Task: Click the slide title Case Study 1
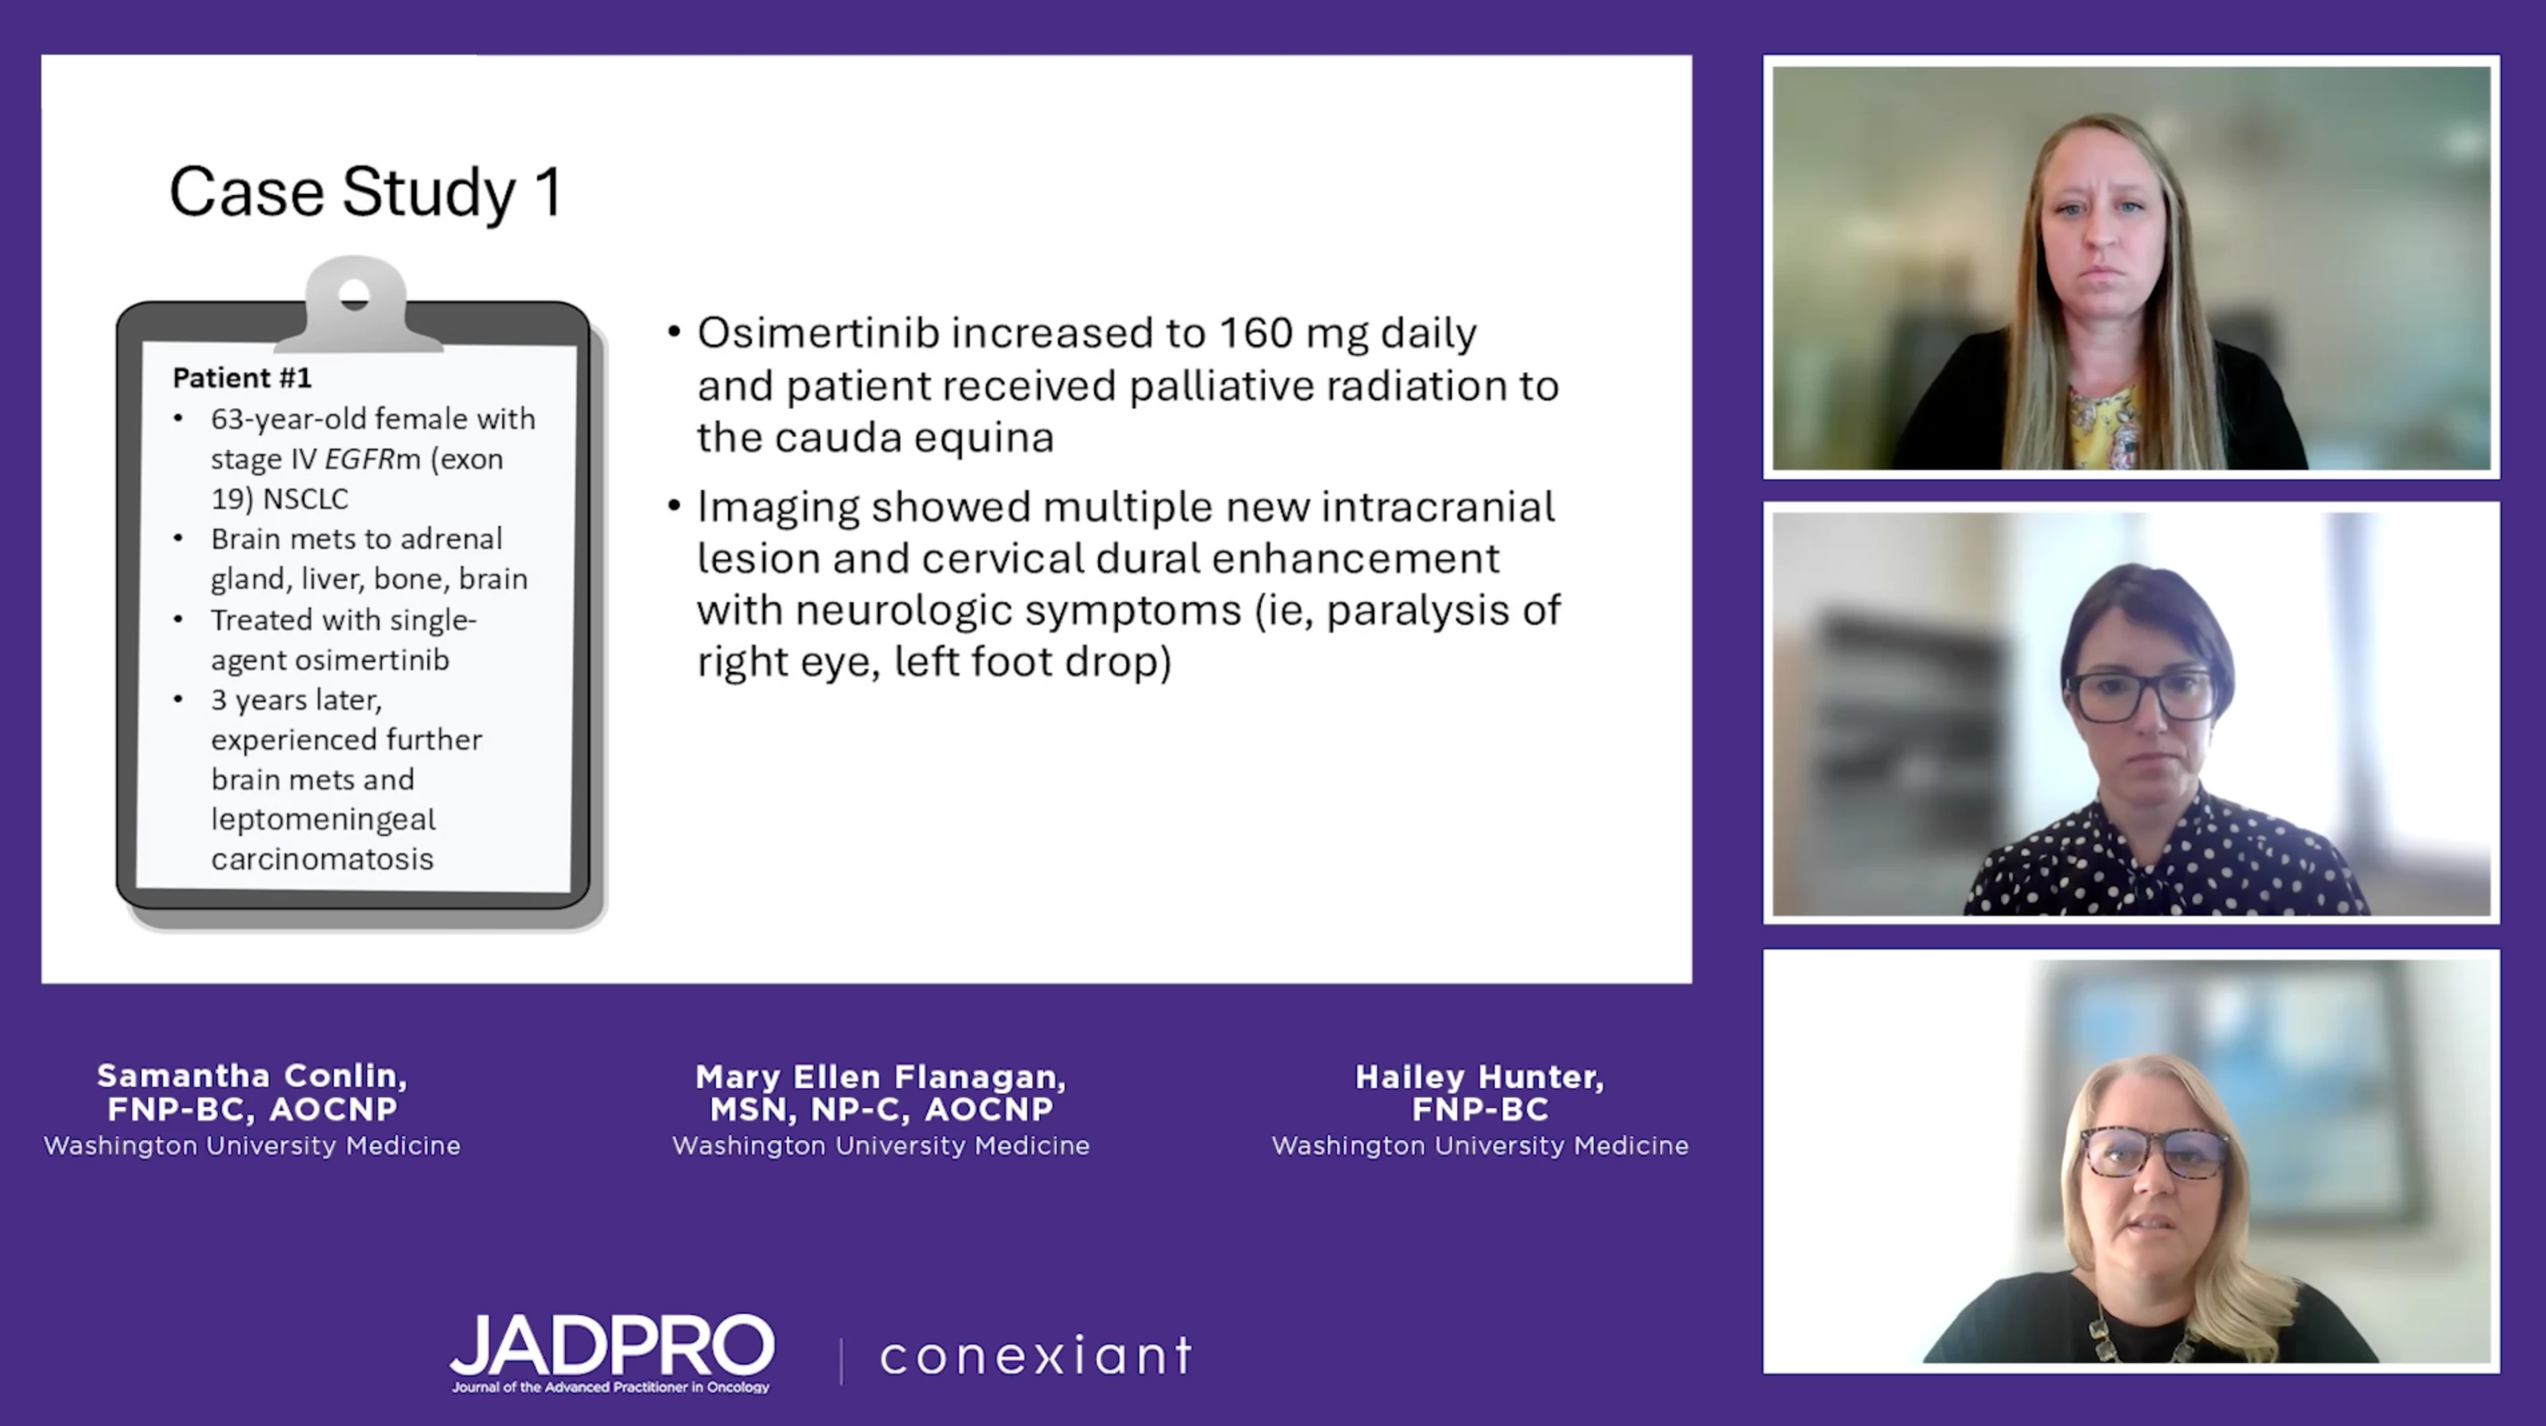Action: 367,192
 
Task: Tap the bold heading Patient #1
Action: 242,378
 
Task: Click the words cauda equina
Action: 914,437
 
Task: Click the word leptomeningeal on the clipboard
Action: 323,819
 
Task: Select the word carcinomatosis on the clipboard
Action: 322,859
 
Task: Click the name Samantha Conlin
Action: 252,1075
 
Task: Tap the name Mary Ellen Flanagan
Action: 881,1076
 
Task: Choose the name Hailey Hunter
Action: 1480,1076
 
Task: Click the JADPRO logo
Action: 612,1352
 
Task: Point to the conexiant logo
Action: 1036,1355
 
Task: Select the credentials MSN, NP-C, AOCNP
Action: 881,1109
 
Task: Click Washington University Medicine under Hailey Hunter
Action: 1480,1145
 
